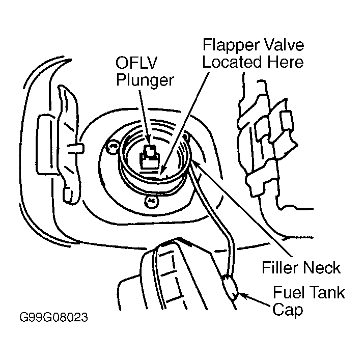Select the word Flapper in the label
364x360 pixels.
coord(231,45)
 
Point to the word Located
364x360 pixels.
coord(233,62)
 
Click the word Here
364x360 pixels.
coord(286,62)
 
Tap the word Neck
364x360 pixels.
coord(322,267)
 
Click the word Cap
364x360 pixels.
coord(288,310)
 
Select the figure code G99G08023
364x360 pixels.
coord(53,318)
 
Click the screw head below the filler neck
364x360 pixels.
coord(152,201)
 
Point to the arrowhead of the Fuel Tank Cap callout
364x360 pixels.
coord(241,295)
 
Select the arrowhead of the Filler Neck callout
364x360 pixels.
coord(194,162)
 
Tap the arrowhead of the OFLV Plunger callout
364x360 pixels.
coord(148,143)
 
